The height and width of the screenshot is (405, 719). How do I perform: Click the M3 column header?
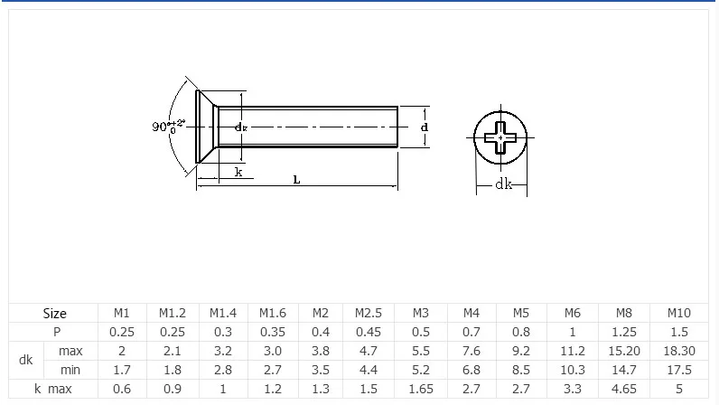point(420,313)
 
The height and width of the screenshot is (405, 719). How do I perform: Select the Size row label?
point(54,314)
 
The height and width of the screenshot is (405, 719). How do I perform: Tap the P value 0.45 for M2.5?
point(369,332)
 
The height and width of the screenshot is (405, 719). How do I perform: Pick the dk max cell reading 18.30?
point(679,351)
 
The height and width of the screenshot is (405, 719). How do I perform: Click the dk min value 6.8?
point(471,370)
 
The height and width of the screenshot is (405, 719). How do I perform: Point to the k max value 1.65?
point(421,389)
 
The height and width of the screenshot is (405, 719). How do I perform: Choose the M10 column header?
point(678,313)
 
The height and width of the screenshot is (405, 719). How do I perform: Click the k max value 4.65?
point(623,389)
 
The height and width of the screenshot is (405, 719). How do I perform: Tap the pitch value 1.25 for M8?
point(623,332)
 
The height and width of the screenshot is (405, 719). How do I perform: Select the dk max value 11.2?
point(573,351)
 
